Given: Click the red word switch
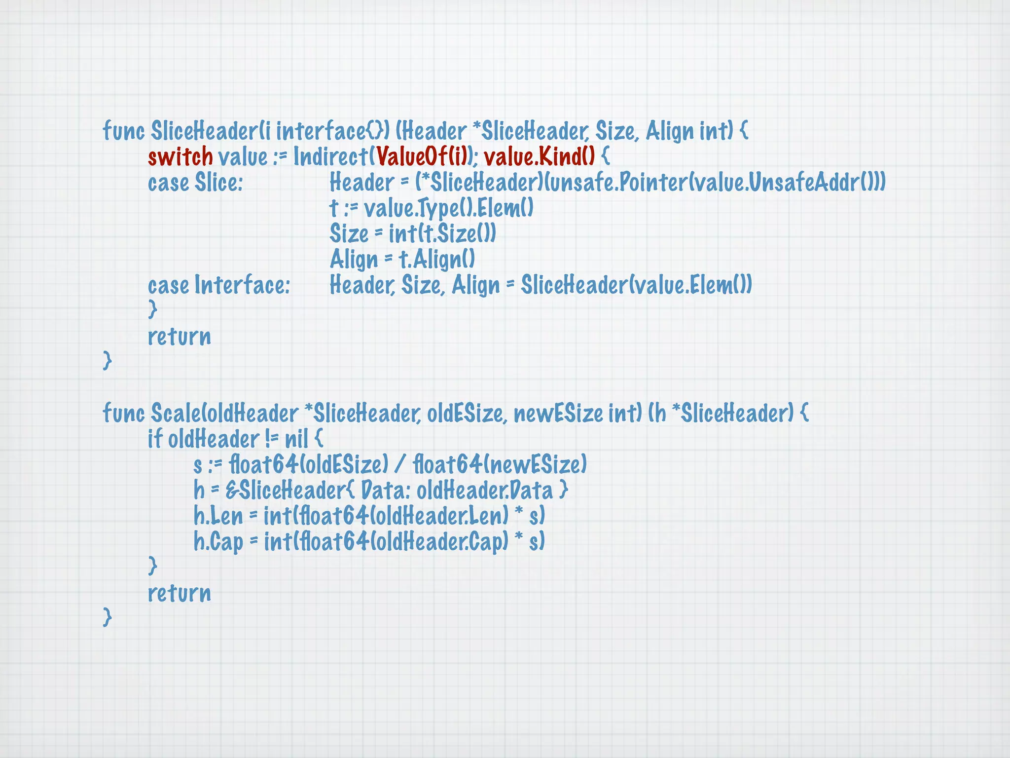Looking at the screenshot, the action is coord(180,157).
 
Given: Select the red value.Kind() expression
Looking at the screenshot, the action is coord(539,157).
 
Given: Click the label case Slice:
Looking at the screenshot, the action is coord(195,183).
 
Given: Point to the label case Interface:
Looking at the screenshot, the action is coord(219,285).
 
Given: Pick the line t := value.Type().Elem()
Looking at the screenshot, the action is coord(432,208).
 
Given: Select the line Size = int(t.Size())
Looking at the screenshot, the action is coord(413,234).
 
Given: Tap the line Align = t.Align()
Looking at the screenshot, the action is coord(402,260).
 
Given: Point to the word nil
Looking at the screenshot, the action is coord(296,439).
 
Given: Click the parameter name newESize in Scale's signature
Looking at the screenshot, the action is coord(558,413).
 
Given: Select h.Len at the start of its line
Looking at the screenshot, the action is coord(218,516).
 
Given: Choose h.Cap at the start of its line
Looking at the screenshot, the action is coord(218,542).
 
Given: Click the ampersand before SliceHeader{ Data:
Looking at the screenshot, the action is coord(231,491).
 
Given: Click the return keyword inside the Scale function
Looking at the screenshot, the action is coord(180,593).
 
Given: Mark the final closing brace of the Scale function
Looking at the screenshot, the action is coord(107,617).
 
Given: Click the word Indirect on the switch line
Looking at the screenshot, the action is coord(330,157).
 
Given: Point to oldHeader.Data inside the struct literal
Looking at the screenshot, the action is coord(485,491).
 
